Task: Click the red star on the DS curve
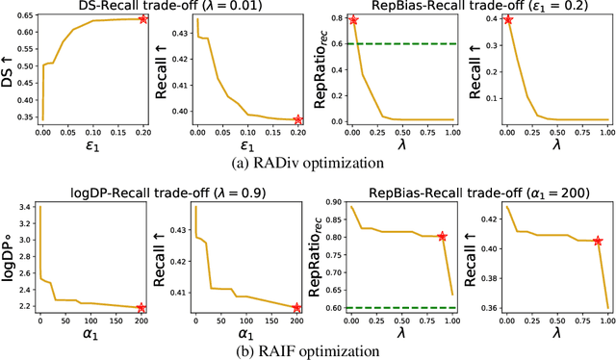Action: click(x=143, y=18)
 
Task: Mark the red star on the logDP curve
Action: click(x=141, y=308)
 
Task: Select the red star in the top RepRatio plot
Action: click(x=353, y=19)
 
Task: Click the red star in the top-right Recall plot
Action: click(x=508, y=19)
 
